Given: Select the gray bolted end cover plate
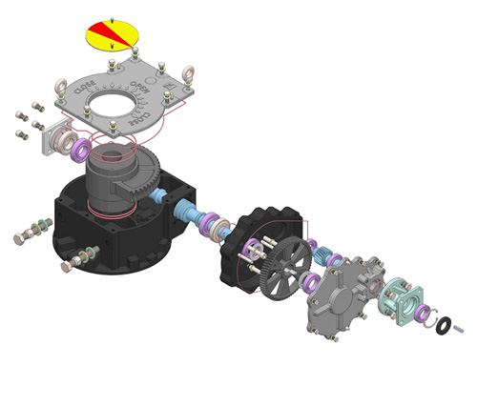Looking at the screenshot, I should click(338, 295).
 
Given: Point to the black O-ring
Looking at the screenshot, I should click(440, 325).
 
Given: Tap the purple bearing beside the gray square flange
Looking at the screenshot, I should click(80, 149).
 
